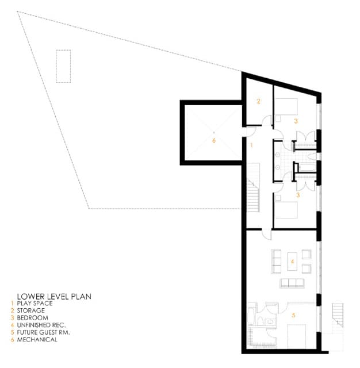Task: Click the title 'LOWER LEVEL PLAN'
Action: [x=54, y=297]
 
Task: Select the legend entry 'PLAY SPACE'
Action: [x=35, y=303]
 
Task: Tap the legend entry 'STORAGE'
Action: [x=30, y=310]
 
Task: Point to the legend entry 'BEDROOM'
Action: [x=33, y=318]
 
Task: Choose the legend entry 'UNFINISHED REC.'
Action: [x=41, y=325]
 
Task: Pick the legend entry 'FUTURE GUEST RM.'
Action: [x=43, y=332]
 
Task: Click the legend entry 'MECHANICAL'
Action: [x=37, y=340]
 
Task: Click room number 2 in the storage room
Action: [x=259, y=101]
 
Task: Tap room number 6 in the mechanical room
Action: [x=214, y=140]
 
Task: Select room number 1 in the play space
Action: [x=251, y=145]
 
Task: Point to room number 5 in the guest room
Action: [x=293, y=315]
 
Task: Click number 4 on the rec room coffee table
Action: [x=292, y=261]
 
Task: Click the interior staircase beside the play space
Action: [x=253, y=188]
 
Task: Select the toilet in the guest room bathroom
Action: [x=260, y=321]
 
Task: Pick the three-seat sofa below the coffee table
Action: [x=292, y=283]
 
